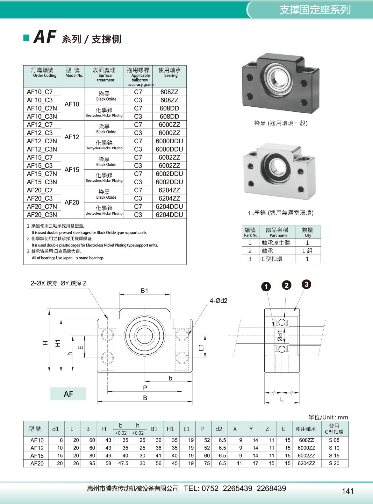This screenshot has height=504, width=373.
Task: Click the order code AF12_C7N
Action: click(42, 141)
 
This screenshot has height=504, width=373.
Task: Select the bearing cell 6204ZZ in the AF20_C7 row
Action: click(169, 190)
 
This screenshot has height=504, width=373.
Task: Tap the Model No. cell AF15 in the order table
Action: click(72, 170)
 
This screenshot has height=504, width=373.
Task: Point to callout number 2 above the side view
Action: click(286, 285)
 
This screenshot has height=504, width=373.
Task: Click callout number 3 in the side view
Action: click(306, 284)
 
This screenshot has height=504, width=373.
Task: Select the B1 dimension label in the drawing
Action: click(144, 290)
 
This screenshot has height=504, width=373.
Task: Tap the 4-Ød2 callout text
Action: click(219, 301)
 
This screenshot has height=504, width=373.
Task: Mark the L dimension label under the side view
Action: click(282, 399)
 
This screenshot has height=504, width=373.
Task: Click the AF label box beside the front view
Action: click(68, 394)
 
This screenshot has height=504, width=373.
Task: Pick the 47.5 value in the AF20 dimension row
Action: click(123, 463)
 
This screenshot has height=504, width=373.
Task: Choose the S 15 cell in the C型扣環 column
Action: click(334, 456)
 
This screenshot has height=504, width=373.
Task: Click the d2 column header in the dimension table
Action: click(219, 429)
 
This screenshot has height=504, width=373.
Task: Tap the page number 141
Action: click(348, 491)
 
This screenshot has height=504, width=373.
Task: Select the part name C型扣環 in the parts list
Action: click(272, 259)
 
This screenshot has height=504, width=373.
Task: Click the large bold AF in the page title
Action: click(45, 37)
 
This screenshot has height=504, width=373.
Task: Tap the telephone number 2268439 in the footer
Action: click(271, 488)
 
